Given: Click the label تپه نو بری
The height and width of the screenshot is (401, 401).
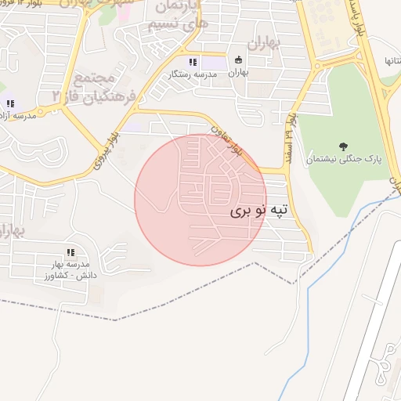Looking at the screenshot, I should tap(260, 211).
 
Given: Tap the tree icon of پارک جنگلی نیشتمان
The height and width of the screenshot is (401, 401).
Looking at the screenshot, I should tap(342, 146).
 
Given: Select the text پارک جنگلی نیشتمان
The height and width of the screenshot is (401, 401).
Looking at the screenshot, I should tap(342, 158).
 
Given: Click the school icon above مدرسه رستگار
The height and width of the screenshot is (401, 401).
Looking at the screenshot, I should tap(192, 62).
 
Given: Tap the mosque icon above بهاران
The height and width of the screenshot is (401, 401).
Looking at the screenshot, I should tap(239, 60).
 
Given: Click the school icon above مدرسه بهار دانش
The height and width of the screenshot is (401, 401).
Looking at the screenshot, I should tap(70, 252).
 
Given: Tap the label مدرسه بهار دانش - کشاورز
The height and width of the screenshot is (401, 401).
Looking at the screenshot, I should tap(71, 270).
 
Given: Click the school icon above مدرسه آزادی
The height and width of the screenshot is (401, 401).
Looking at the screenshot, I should tap(10, 103).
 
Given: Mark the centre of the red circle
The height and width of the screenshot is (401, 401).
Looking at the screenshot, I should tap(200, 200).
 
